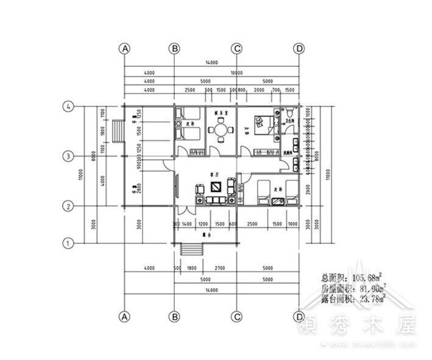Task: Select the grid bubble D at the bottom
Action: (x=299, y=317)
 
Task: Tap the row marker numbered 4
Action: (x=69, y=107)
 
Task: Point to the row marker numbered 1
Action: (x=69, y=243)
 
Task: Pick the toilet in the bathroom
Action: (x=290, y=114)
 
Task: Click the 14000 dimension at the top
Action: (x=211, y=63)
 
